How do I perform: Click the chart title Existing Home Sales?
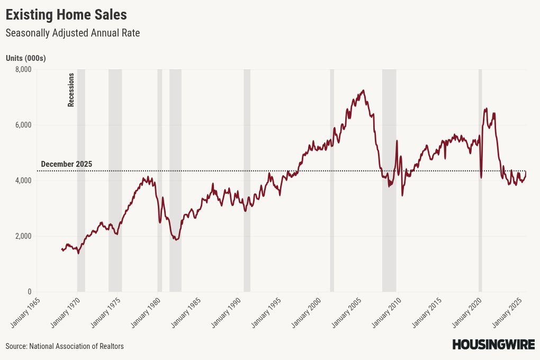pyautogui.click(x=66, y=14)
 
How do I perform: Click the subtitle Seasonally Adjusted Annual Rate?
pyautogui.click(x=73, y=33)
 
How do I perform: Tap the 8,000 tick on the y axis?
pyautogui.click(x=23, y=69)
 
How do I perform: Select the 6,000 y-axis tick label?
pyautogui.click(x=23, y=125)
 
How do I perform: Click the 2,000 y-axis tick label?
pyautogui.click(x=23, y=236)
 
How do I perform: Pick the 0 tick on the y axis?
pyautogui.click(x=30, y=292)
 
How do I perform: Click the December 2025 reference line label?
pyautogui.click(x=66, y=164)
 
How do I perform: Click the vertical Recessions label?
pyautogui.click(x=71, y=90)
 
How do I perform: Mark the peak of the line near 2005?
pyautogui.click(x=363, y=91)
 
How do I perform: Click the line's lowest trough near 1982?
pyautogui.click(x=176, y=240)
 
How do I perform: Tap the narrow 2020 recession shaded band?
pyautogui.click(x=480, y=180)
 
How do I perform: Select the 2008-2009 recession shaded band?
pyautogui.click(x=389, y=180)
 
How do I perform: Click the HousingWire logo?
pyautogui.click(x=493, y=345)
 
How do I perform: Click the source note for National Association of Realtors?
pyautogui.click(x=65, y=346)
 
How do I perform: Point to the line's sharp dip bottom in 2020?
pyautogui.click(x=481, y=177)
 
